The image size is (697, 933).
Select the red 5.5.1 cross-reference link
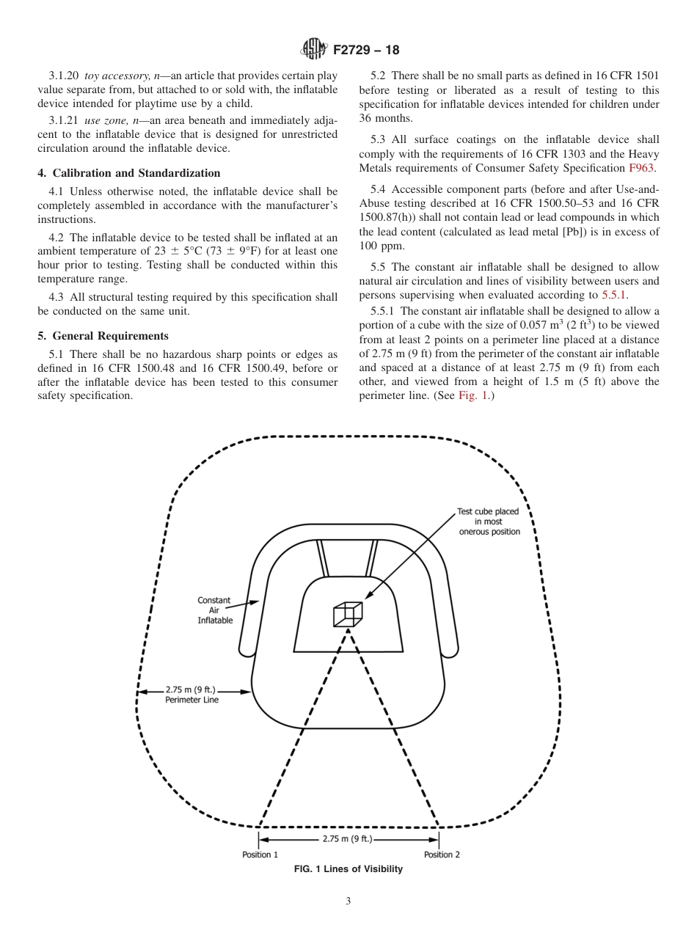[x=614, y=296]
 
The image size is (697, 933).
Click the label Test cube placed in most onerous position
[x=489, y=522]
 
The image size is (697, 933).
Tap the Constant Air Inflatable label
[x=214, y=610]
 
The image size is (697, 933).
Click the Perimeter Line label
[x=191, y=700]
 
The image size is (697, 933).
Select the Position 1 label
[x=260, y=855]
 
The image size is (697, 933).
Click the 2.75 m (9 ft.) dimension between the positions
[x=348, y=838]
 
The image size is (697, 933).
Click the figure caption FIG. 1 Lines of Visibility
[x=348, y=869]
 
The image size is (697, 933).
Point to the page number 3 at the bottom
[x=348, y=902]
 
